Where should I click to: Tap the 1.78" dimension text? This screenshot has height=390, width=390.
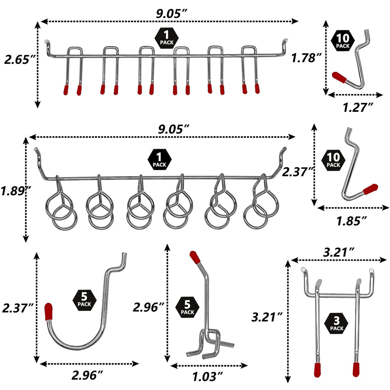(306, 58)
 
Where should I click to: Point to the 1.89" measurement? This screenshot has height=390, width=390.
(15, 191)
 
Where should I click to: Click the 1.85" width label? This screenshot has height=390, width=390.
(351, 221)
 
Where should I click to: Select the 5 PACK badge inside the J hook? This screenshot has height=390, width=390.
(84, 300)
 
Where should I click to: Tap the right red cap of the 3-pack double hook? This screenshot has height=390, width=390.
(356, 369)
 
